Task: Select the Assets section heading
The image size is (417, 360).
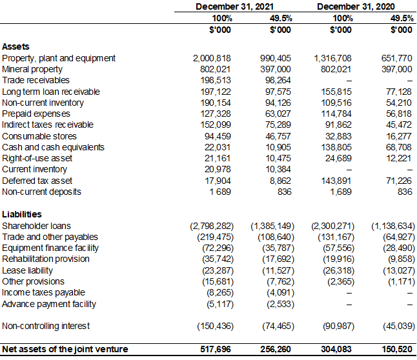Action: pyautogui.click(x=16, y=47)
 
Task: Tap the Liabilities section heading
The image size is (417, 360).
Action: pyautogui.click(x=22, y=214)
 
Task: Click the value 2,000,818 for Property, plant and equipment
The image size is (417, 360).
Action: pyautogui.click(x=212, y=58)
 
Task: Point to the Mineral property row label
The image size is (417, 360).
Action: pyautogui.click(x=32, y=69)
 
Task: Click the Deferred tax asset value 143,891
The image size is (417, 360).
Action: pyautogui.click(x=336, y=181)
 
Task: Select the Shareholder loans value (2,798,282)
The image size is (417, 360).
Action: pyautogui.click(x=211, y=226)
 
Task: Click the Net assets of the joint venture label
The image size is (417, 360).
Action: pyautogui.click(x=65, y=349)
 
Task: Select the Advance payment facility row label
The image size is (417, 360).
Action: pyautogui.click(x=49, y=303)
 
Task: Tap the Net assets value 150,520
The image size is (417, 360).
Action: pyautogui.click(x=396, y=349)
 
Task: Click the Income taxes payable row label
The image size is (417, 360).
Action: pyautogui.click(x=43, y=292)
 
